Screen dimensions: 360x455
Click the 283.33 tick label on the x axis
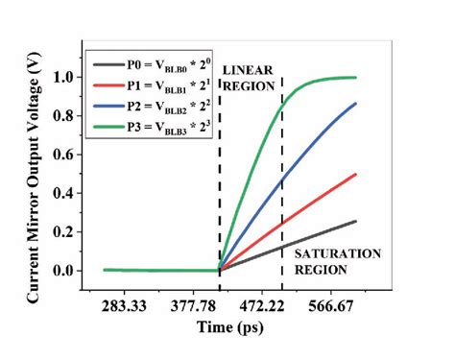click(128, 306)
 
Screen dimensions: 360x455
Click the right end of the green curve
click(356, 78)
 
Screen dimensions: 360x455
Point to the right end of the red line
click(356, 175)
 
